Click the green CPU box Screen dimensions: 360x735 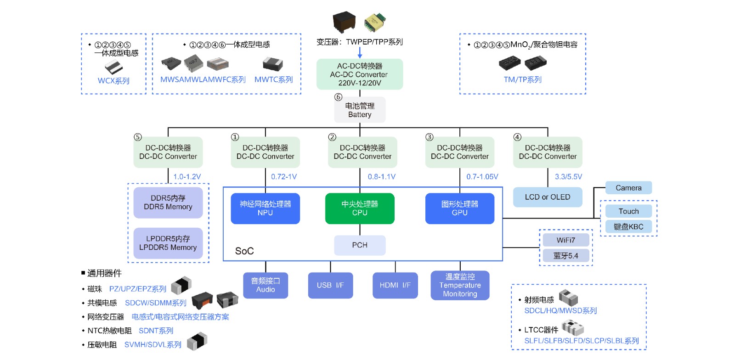coord(360,208)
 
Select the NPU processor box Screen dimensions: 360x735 coord(265,208)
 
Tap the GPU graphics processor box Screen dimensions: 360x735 coord(459,208)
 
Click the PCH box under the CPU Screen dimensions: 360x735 coord(360,245)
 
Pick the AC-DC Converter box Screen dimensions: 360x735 coord(359,74)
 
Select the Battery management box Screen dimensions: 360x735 coord(360,110)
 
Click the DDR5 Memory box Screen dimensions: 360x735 coord(168,202)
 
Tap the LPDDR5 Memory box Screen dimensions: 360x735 coord(168,243)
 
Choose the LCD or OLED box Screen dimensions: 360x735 coord(548,197)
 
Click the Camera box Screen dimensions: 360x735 coord(628,188)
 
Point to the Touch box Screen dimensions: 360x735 coord(628,211)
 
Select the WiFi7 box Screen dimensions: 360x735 coord(566,240)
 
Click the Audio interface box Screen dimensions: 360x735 coord(266,285)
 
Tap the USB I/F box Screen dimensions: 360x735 coord(330,285)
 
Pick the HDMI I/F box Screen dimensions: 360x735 coord(395,285)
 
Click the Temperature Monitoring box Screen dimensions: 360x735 coord(460,285)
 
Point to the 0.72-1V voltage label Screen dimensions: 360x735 coord(284,177)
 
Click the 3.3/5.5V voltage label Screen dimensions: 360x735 coord(568,177)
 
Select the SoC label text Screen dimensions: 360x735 coord(244,251)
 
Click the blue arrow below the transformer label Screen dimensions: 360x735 coord(360,53)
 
